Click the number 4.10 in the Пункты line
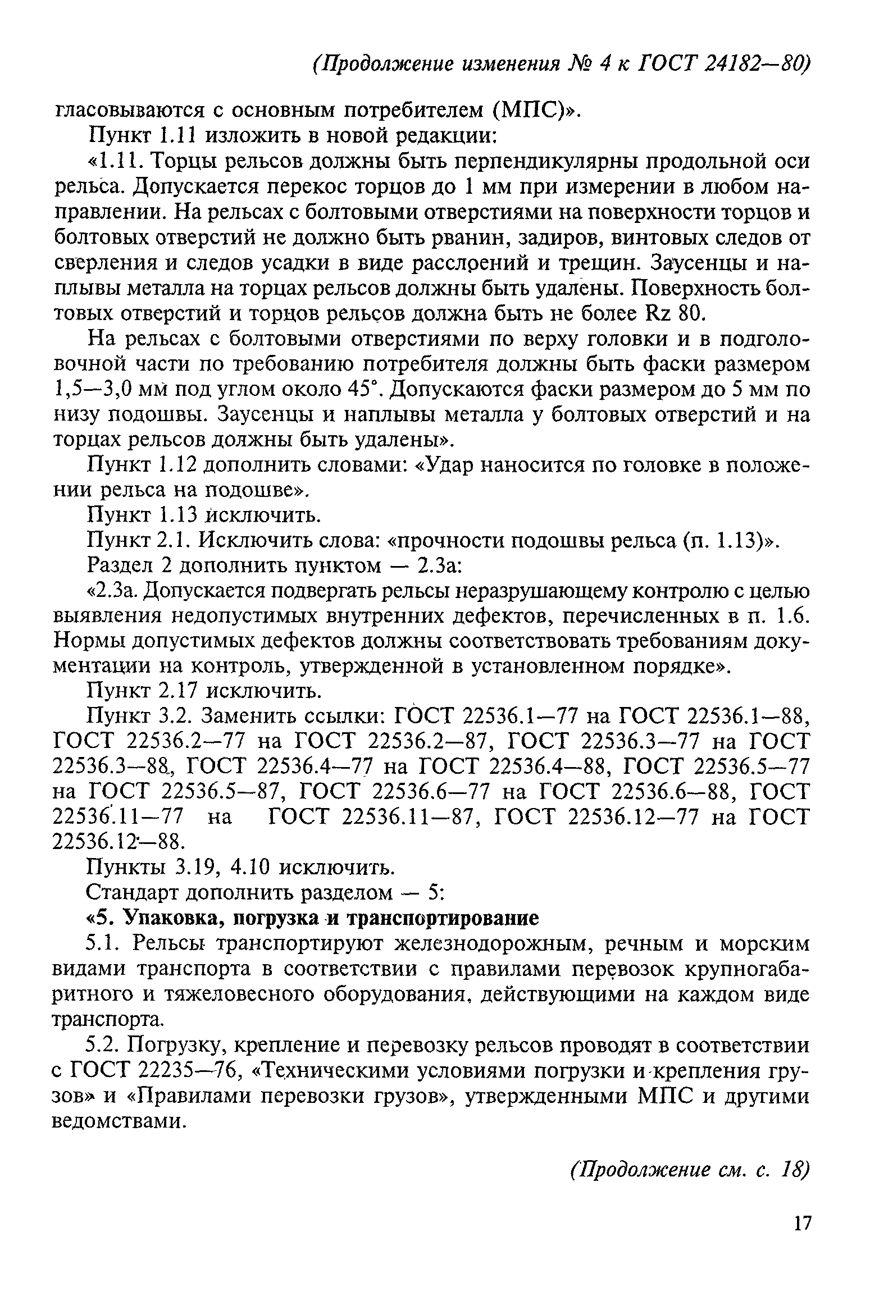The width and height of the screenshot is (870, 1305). pos(252,868)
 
